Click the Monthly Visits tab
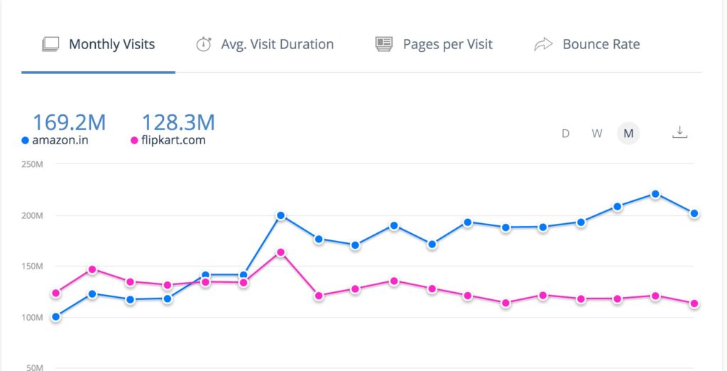pos(99,44)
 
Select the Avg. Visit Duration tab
pos(265,44)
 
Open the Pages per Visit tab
pos(434,44)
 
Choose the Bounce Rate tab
pos(587,44)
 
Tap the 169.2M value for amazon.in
pos(69,122)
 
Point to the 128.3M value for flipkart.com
pos(178,122)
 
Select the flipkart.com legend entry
pos(168,140)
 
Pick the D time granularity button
pos(566,133)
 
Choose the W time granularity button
pos(597,133)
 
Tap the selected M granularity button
pos(628,133)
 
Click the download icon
pos(680,132)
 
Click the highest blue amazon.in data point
pos(655,194)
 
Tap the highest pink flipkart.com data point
pos(280,252)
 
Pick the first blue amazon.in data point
pos(56,317)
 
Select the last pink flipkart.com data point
pos(694,304)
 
